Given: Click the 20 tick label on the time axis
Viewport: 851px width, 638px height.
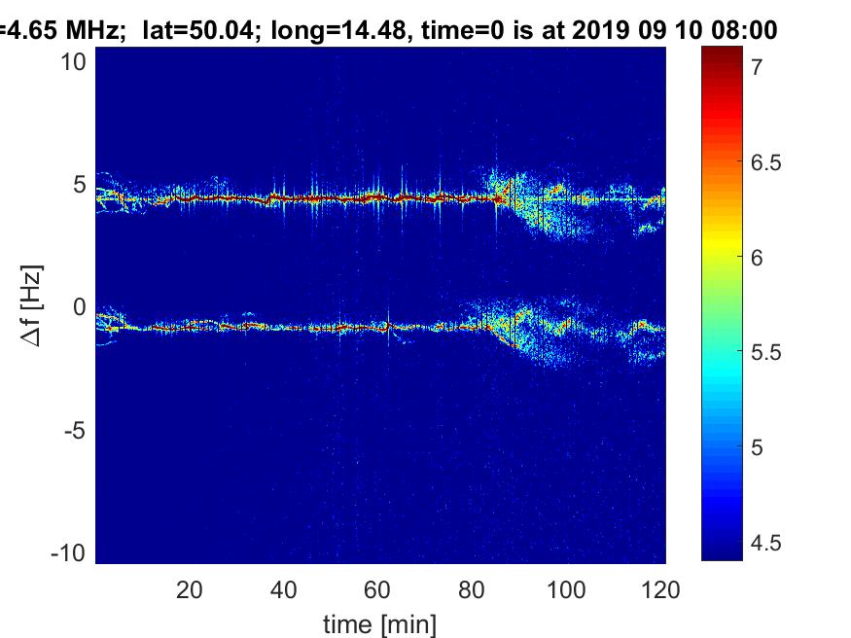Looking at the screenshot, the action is tap(189, 589).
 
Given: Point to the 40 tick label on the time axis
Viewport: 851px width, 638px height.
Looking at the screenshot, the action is tap(283, 589).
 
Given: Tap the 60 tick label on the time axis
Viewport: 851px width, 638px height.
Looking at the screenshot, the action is tap(376, 589).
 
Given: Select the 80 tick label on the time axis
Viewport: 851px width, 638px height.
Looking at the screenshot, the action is tap(471, 589).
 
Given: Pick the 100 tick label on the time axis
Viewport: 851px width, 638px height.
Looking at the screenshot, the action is tap(565, 589).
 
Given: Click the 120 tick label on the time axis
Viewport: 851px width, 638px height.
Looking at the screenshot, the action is tap(660, 589).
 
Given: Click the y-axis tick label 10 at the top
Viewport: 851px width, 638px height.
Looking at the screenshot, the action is tap(73, 62).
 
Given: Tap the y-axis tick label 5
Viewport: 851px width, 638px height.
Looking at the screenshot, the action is tap(80, 185).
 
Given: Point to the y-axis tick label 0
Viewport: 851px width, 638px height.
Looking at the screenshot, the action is tap(80, 307).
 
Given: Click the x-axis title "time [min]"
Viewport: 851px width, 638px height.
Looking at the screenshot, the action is tap(379, 624).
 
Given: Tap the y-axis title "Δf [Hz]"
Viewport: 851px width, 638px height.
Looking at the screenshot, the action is tap(31, 306).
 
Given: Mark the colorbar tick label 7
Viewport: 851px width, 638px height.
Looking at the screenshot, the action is tap(757, 67).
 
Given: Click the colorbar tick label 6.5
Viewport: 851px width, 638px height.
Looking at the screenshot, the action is tap(765, 162).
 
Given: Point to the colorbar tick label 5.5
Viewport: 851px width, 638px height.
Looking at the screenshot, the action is tap(765, 353).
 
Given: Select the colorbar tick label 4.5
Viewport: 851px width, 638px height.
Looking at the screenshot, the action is tap(765, 543).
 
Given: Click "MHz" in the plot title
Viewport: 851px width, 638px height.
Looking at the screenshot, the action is tap(91, 29).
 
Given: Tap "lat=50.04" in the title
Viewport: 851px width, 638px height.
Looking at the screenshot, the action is tap(198, 30).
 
